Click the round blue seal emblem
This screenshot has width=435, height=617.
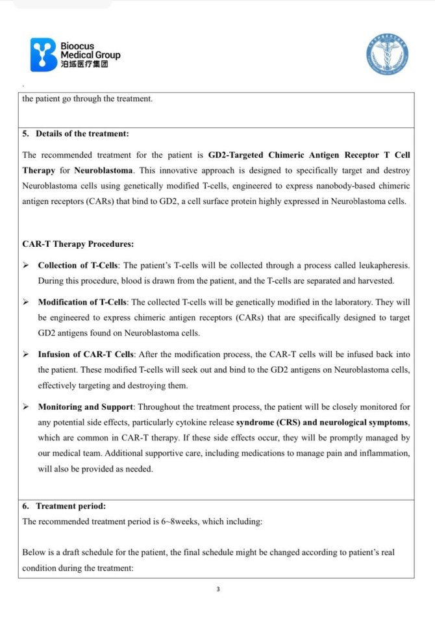point(388,55)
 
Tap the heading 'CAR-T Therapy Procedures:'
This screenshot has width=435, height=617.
point(79,244)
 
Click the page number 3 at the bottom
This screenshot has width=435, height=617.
point(218,590)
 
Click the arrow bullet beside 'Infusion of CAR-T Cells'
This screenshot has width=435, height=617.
point(26,354)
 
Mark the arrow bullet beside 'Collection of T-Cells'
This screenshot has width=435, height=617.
point(26,266)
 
